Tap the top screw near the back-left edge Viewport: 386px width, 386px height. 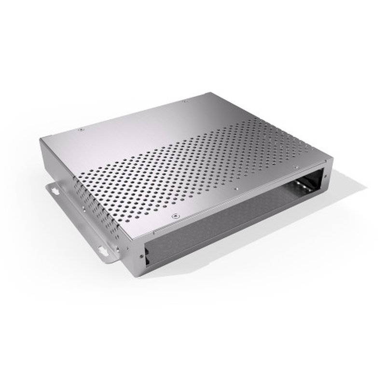tap(81, 129)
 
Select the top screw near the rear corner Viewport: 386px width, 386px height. tap(185, 101)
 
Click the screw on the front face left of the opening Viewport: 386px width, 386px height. tap(141, 256)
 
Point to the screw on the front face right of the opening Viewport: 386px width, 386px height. tap(325, 177)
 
